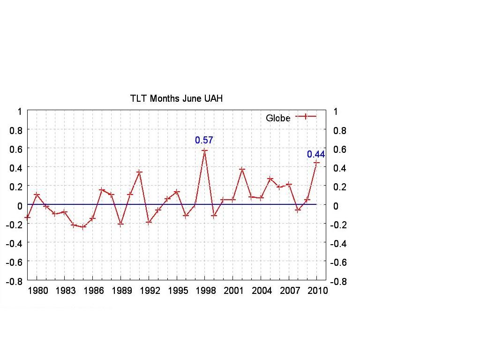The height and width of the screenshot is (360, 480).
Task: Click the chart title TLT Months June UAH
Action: click(x=176, y=98)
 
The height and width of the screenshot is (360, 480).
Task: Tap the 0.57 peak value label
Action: click(x=204, y=140)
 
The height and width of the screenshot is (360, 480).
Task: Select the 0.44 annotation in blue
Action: click(x=315, y=154)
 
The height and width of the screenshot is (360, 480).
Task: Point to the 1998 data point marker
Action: click(x=204, y=150)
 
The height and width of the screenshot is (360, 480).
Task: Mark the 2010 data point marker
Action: click(x=316, y=163)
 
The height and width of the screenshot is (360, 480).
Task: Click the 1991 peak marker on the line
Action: click(x=139, y=172)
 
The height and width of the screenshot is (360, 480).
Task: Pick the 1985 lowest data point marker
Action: click(x=83, y=227)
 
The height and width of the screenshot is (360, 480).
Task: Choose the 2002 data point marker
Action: click(x=242, y=169)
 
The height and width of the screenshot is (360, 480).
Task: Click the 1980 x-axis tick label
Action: click(x=37, y=291)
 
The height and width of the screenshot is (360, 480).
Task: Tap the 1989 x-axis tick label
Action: click(x=121, y=291)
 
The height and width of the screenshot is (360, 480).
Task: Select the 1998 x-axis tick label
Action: click(x=205, y=291)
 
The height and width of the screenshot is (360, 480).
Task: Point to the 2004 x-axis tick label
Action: click(x=262, y=291)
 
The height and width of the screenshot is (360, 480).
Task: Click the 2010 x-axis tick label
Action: click(x=317, y=291)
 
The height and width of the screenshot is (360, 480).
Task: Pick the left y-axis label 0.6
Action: click(x=16, y=148)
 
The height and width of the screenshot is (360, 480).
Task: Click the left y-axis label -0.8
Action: click(x=14, y=282)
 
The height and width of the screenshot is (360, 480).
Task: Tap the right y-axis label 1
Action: click(x=335, y=112)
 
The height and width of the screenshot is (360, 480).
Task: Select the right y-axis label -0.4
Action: click(x=339, y=244)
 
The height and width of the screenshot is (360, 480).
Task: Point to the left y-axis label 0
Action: click(x=20, y=205)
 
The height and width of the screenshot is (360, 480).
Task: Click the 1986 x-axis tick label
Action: click(x=93, y=291)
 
